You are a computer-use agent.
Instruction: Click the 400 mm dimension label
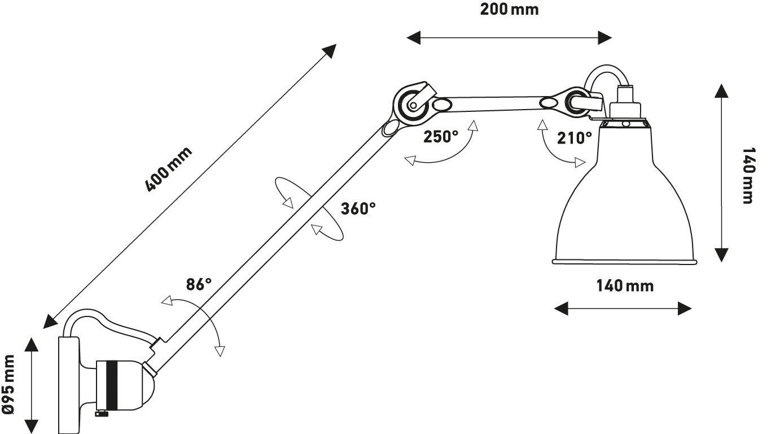point(169,169)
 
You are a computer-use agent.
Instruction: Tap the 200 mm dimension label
point(509,10)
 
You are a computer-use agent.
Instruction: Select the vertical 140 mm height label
point(747,175)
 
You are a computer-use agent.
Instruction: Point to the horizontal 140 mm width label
point(625,286)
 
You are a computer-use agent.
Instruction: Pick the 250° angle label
point(441,137)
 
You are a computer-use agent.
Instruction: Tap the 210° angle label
point(575,138)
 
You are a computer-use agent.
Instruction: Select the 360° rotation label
point(358,209)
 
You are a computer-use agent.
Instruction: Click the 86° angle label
point(199,284)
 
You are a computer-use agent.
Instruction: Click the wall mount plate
point(69,384)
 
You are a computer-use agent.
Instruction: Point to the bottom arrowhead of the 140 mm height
point(722,255)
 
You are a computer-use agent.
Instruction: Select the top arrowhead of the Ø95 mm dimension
point(32,344)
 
